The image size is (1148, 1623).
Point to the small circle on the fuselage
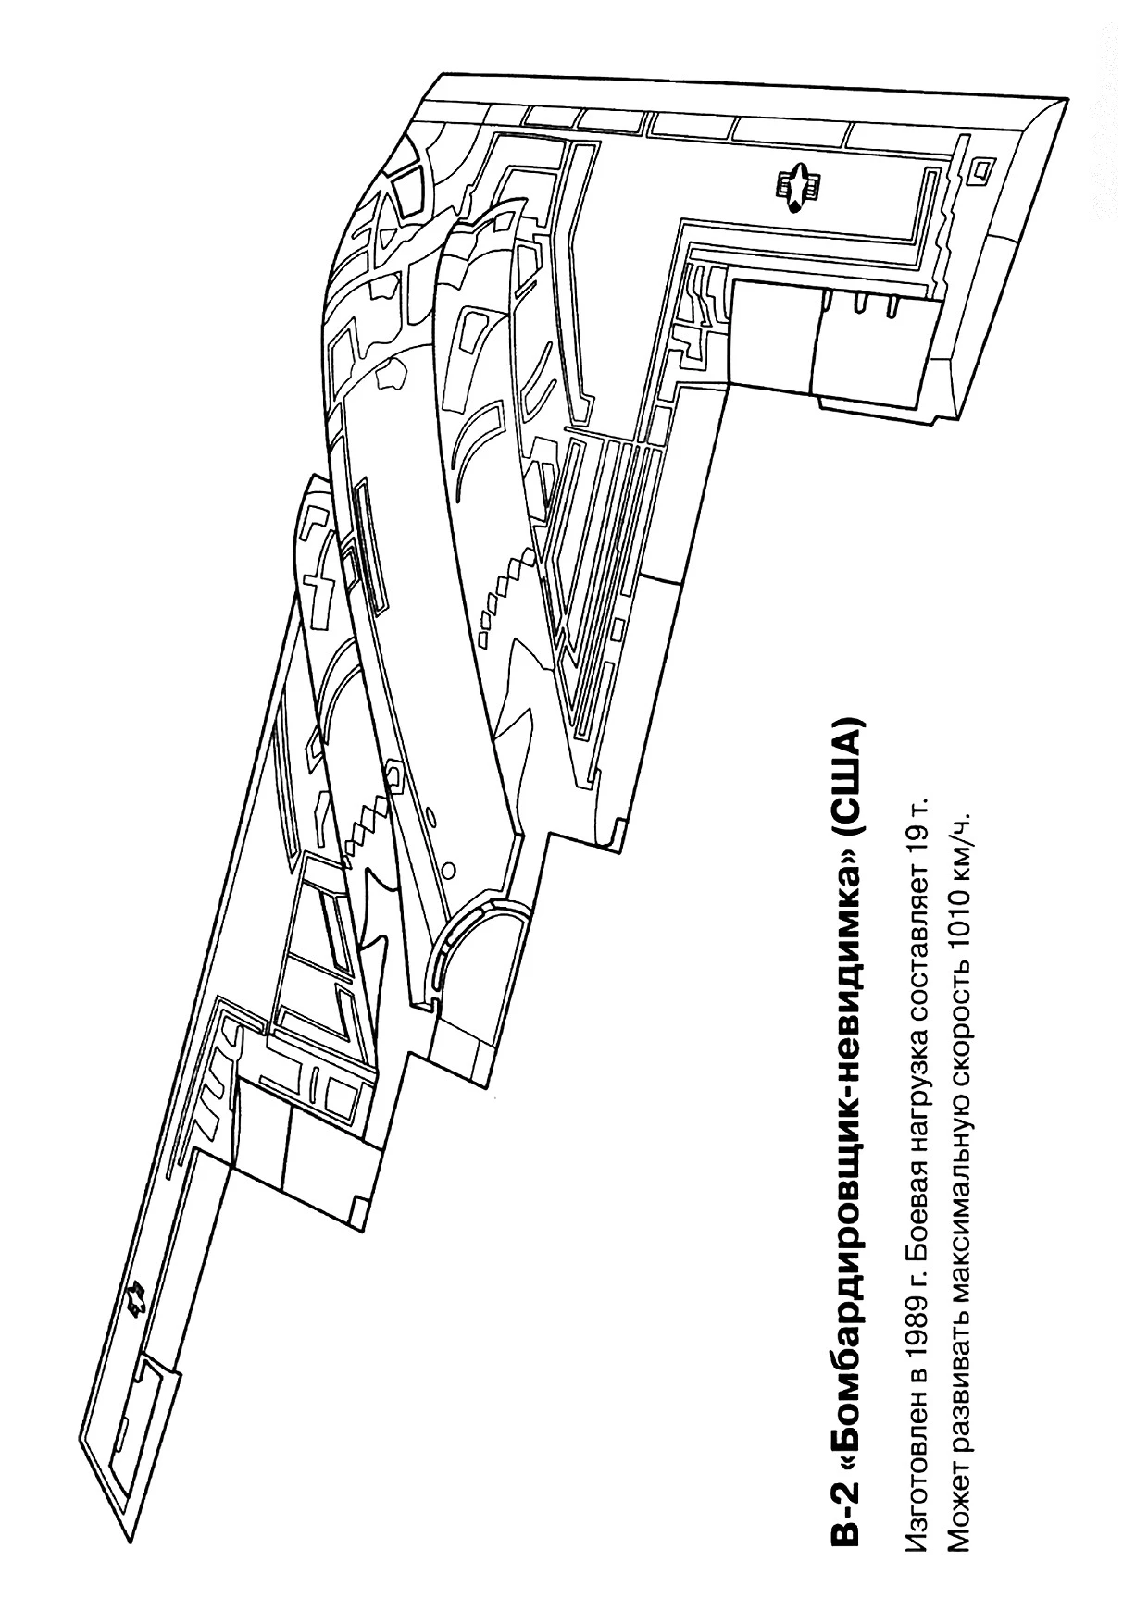tap(449, 870)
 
